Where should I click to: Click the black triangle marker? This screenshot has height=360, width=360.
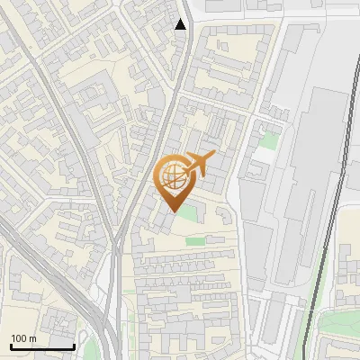point(181,24)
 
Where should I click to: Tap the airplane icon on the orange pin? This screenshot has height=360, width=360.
point(198,165)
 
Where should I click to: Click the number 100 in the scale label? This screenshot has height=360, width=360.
point(20,338)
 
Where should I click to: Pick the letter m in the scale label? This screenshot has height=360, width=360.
point(33,338)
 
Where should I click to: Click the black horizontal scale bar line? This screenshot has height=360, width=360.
point(42,346)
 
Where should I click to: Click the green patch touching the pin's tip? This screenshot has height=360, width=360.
point(187,212)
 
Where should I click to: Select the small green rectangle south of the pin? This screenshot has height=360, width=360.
point(195,240)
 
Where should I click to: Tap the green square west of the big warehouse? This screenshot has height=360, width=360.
point(267,140)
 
